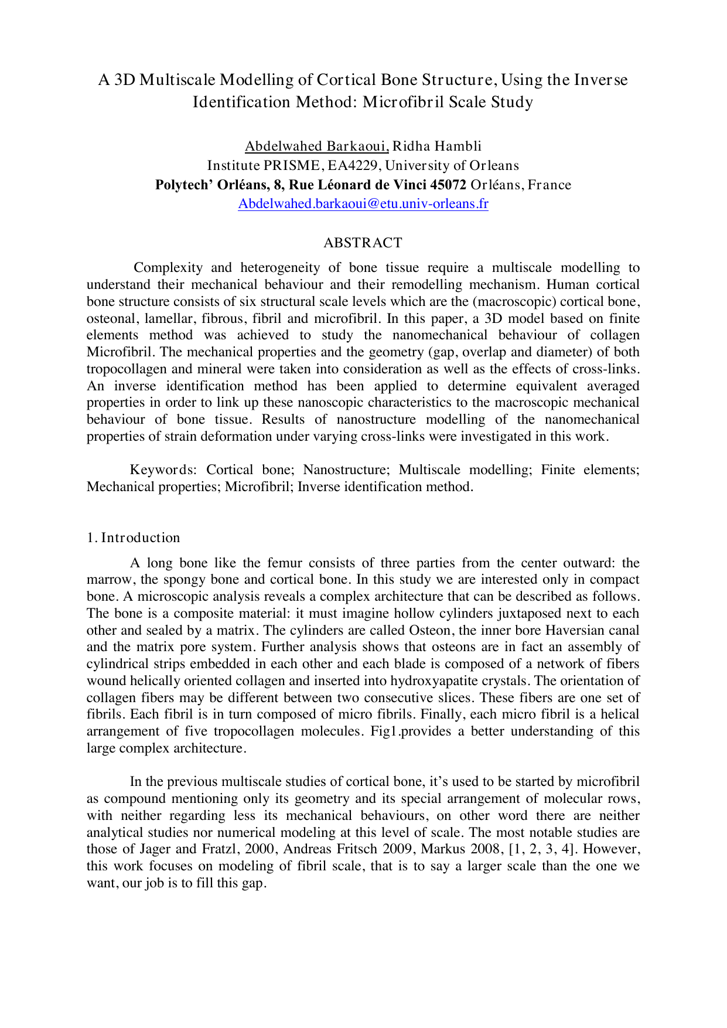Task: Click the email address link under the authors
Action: pyautogui.click(x=363, y=204)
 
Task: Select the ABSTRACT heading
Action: pyautogui.click(x=363, y=243)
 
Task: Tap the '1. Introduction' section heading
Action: pyautogui.click(x=134, y=538)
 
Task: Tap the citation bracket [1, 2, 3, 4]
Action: pyautogui.click(x=541, y=850)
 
